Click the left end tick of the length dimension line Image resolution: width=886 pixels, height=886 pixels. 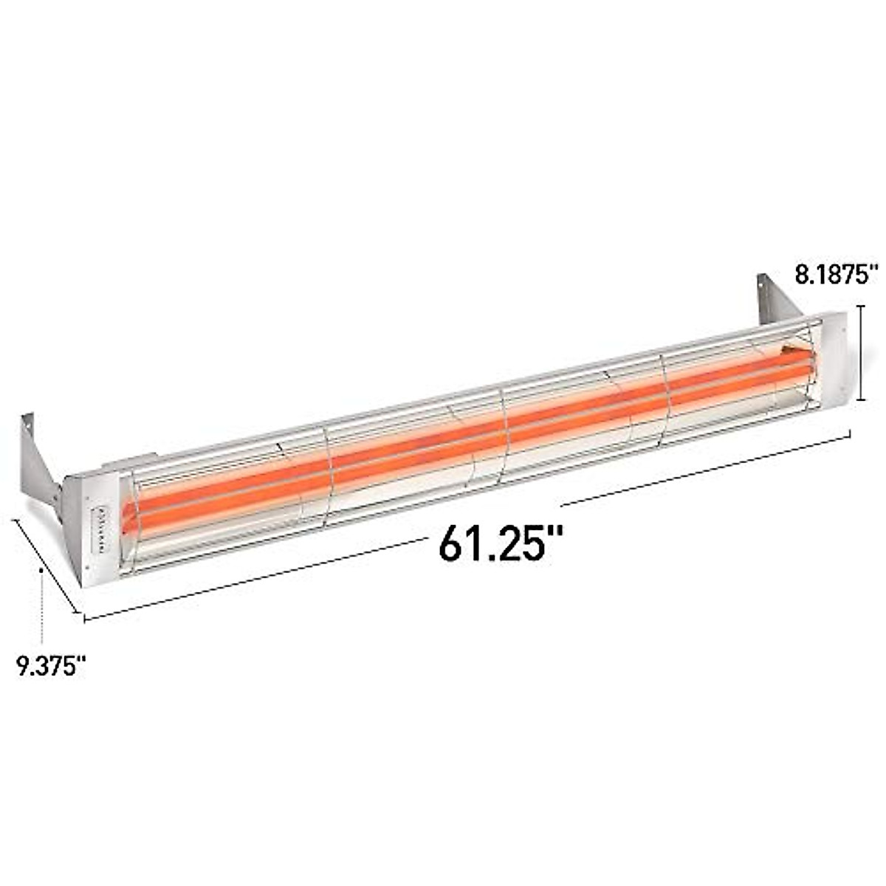(84, 619)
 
